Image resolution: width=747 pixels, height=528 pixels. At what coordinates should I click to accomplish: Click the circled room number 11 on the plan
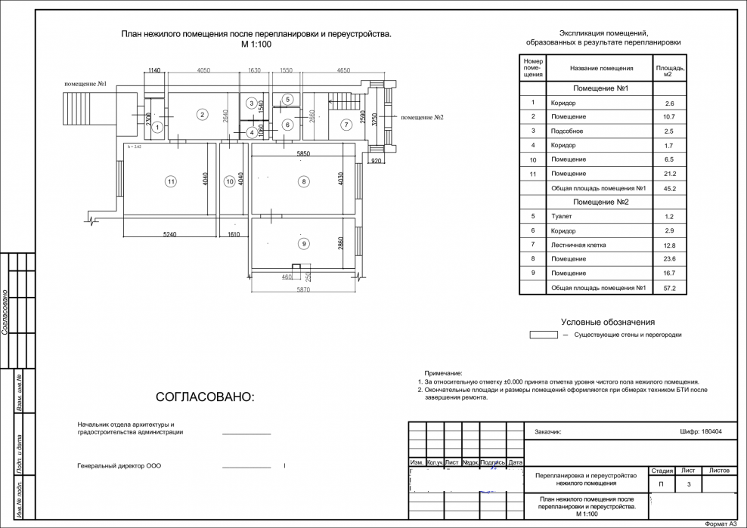tap(172, 181)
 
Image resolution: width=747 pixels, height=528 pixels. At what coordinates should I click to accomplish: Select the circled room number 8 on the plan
tap(303, 181)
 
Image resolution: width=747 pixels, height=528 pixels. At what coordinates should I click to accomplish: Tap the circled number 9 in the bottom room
tap(303, 243)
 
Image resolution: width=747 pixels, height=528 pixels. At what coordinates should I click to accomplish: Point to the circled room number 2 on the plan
tap(202, 115)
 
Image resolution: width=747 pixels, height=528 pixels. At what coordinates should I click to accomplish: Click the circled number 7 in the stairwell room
tap(346, 125)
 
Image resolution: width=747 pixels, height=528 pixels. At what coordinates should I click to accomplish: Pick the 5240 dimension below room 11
tap(169, 235)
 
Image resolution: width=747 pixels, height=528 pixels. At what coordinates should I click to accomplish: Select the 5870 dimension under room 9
tap(302, 290)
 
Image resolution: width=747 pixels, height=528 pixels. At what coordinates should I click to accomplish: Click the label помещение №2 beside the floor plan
tap(422, 118)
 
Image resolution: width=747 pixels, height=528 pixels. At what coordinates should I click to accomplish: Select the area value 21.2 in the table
tap(668, 174)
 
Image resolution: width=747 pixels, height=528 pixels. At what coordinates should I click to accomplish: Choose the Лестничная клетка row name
tap(578, 245)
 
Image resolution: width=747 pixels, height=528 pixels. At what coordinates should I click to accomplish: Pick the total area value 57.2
tap(668, 288)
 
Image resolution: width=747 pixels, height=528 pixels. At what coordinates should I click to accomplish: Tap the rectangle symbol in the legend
tap(543, 334)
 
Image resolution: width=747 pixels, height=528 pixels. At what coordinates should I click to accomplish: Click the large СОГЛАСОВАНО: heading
tap(206, 397)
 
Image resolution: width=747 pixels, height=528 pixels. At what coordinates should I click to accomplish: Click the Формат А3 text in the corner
tap(720, 523)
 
